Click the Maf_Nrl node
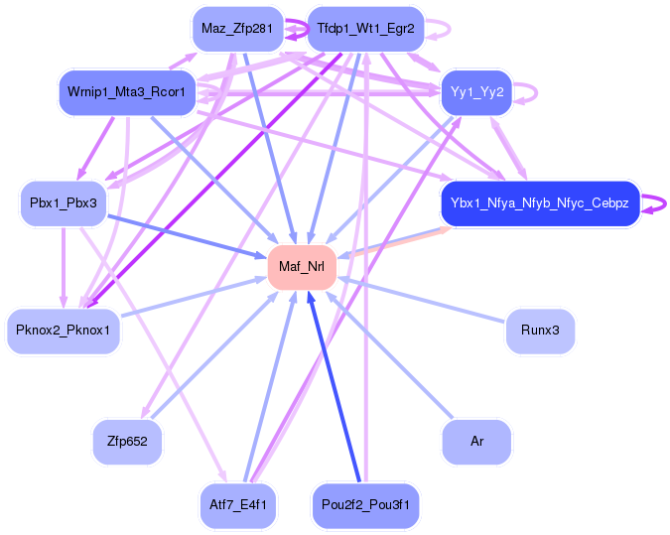pyautogui.click(x=302, y=266)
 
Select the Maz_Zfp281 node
pyautogui.click(x=236, y=29)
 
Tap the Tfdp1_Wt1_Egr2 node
pyautogui.click(x=365, y=29)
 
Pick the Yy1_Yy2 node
pyautogui.click(x=475, y=92)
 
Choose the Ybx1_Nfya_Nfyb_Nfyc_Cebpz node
pyautogui.click(x=539, y=203)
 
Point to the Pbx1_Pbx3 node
pyautogui.click(x=64, y=203)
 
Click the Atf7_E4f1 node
pyautogui.click(x=237, y=505)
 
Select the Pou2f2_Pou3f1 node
pyautogui.click(x=366, y=505)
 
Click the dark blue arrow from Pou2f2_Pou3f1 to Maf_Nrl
pyautogui.click(x=335, y=387)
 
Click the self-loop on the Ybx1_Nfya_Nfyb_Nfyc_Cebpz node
pyautogui.click(x=655, y=203)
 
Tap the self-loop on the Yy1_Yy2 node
pyautogui.click(x=527, y=92)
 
